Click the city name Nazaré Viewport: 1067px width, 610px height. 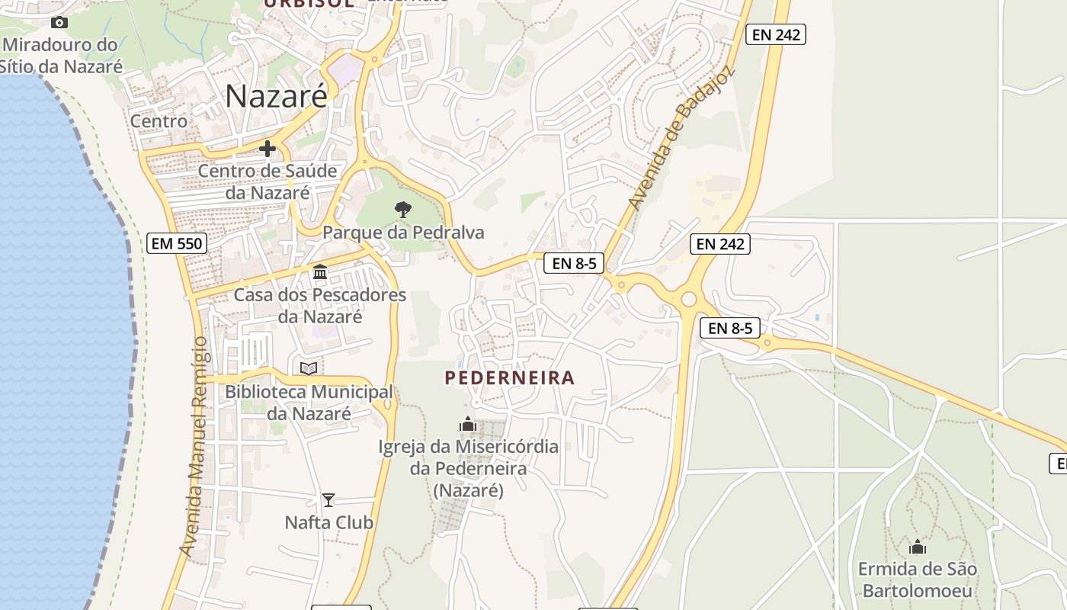tap(277, 96)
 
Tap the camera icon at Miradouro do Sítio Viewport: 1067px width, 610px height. tap(59, 23)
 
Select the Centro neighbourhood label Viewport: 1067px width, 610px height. tap(159, 120)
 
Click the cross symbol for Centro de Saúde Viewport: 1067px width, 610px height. tap(268, 149)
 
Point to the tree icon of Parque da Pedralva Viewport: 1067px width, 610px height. tap(403, 209)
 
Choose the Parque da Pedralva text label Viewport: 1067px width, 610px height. tap(403, 232)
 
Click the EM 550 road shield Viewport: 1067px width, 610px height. tap(177, 243)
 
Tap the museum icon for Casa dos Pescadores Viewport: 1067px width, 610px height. tap(320, 271)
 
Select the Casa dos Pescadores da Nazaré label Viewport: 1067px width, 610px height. tap(320, 305)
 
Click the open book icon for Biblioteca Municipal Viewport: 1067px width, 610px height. tap(309, 369)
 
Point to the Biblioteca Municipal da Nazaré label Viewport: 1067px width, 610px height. tap(309, 403)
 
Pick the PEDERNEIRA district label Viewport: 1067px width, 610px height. tap(510, 377)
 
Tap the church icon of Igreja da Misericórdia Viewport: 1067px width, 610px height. tap(468, 424)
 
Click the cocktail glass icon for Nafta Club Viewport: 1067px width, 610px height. tap(328, 500)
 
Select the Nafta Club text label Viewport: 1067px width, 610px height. tap(328, 522)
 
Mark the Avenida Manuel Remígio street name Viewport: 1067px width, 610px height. tap(194, 446)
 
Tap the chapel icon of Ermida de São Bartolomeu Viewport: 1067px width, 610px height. tap(918, 547)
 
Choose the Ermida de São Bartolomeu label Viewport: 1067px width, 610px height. tap(918, 579)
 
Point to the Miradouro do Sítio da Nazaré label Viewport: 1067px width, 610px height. tap(61, 55)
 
